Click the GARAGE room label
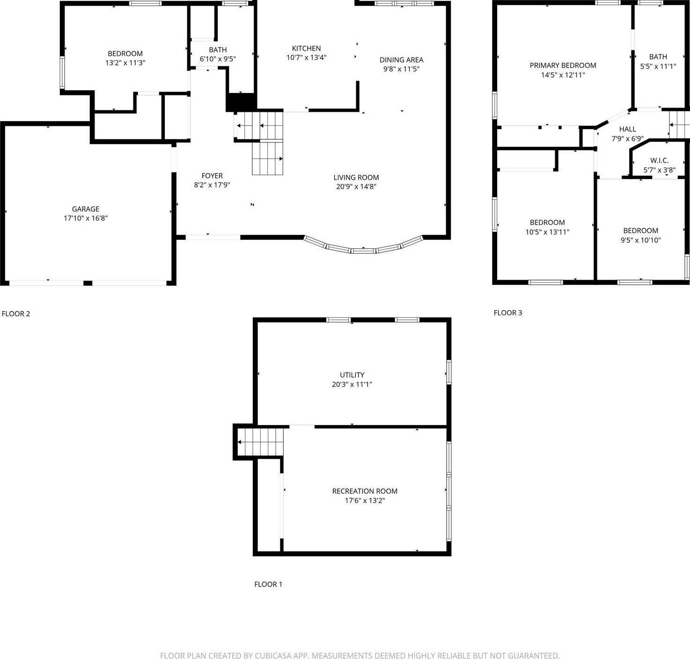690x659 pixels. (86, 209)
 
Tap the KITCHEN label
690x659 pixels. (306, 48)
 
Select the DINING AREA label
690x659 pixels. (401, 60)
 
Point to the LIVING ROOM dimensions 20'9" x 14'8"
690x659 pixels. (356, 187)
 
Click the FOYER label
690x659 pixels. (212, 176)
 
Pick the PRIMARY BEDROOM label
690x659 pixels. (563, 65)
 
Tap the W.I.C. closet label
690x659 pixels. (659, 160)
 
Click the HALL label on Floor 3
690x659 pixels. (627, 129)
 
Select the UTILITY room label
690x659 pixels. (352, 375)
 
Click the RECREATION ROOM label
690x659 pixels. (365, 491)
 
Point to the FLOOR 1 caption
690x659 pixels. (268, 584)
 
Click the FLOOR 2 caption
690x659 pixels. (16, 314)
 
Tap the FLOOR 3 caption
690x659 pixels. (508, 313)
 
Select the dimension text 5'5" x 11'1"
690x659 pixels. (658, 66)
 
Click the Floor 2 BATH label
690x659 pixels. (218, 50)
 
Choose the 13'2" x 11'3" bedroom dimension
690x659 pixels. (125, 63)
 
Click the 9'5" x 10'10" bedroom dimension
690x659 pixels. (640, 240)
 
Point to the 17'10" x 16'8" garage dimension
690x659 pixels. (86, 218)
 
